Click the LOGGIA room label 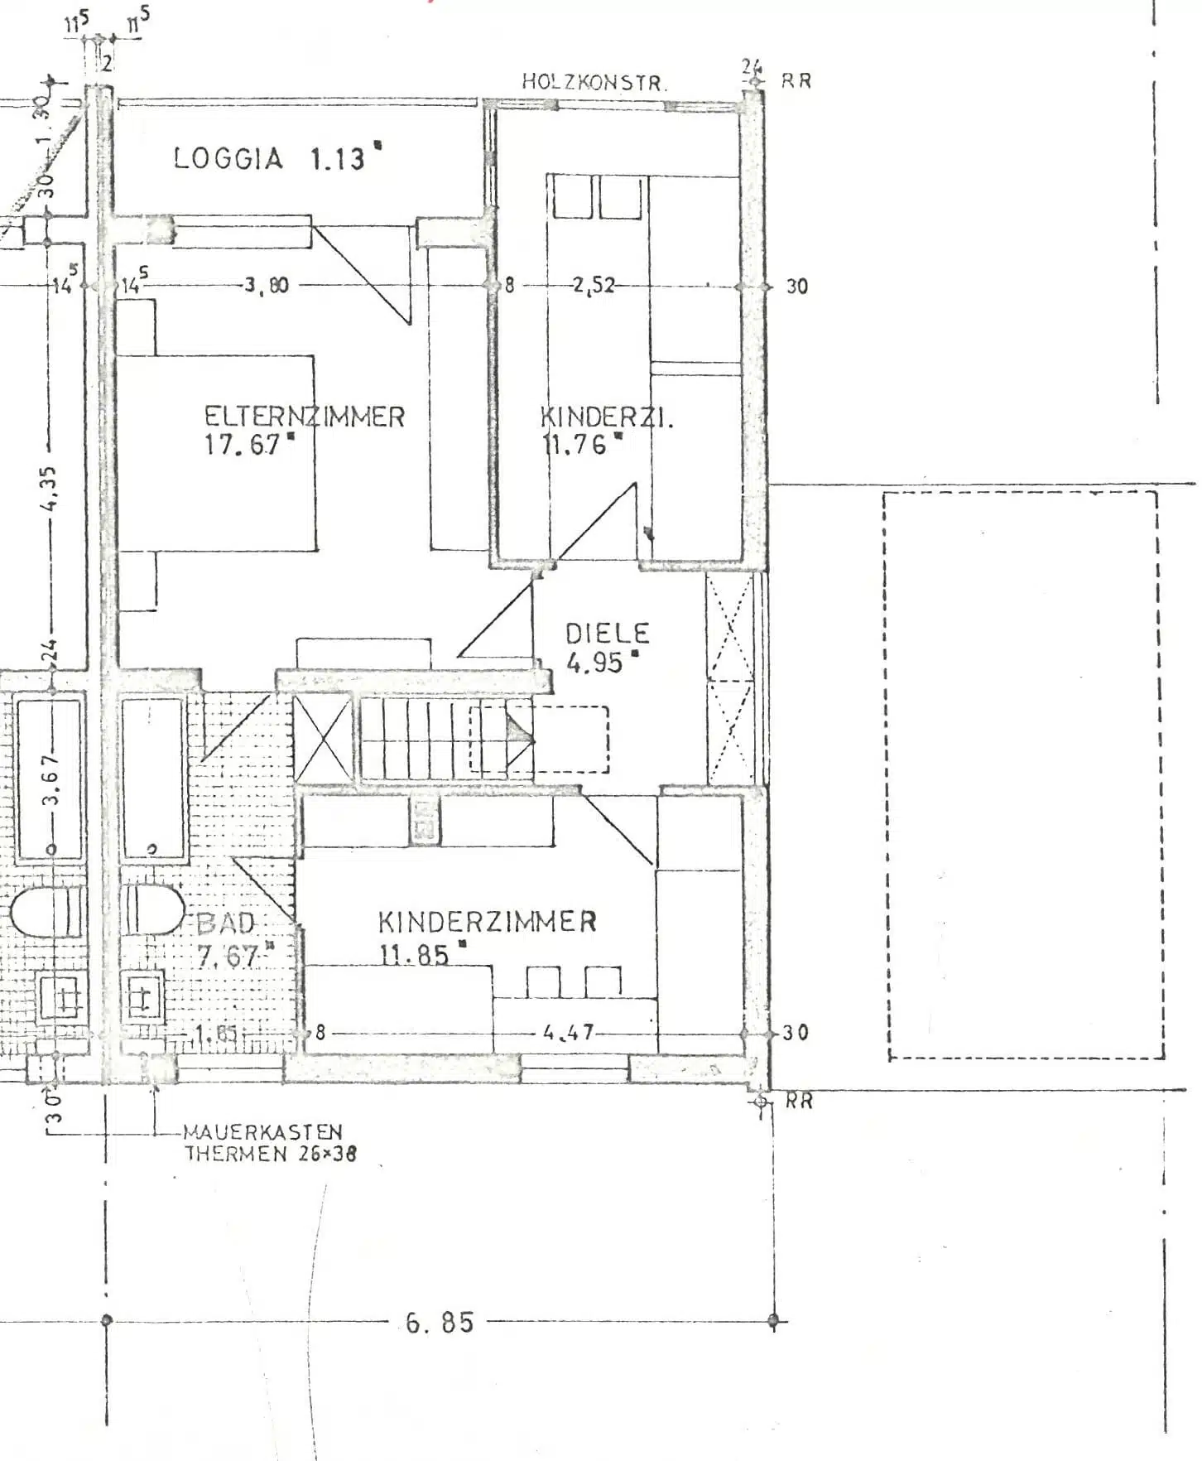point(228,157)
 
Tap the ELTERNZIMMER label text point(304,416)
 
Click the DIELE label point(608,634)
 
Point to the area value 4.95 point(594,663)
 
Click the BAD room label point(226,923)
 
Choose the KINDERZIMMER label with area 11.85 point(488,922)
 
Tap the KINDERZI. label point(607,417)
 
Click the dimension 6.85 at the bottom point(440,1323)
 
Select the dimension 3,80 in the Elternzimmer point(266,286)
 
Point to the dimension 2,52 point(593,286)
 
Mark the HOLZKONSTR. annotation point(594,82)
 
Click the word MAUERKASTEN point(262,1131)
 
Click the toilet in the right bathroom point(154,910)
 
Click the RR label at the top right point(796,81)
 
